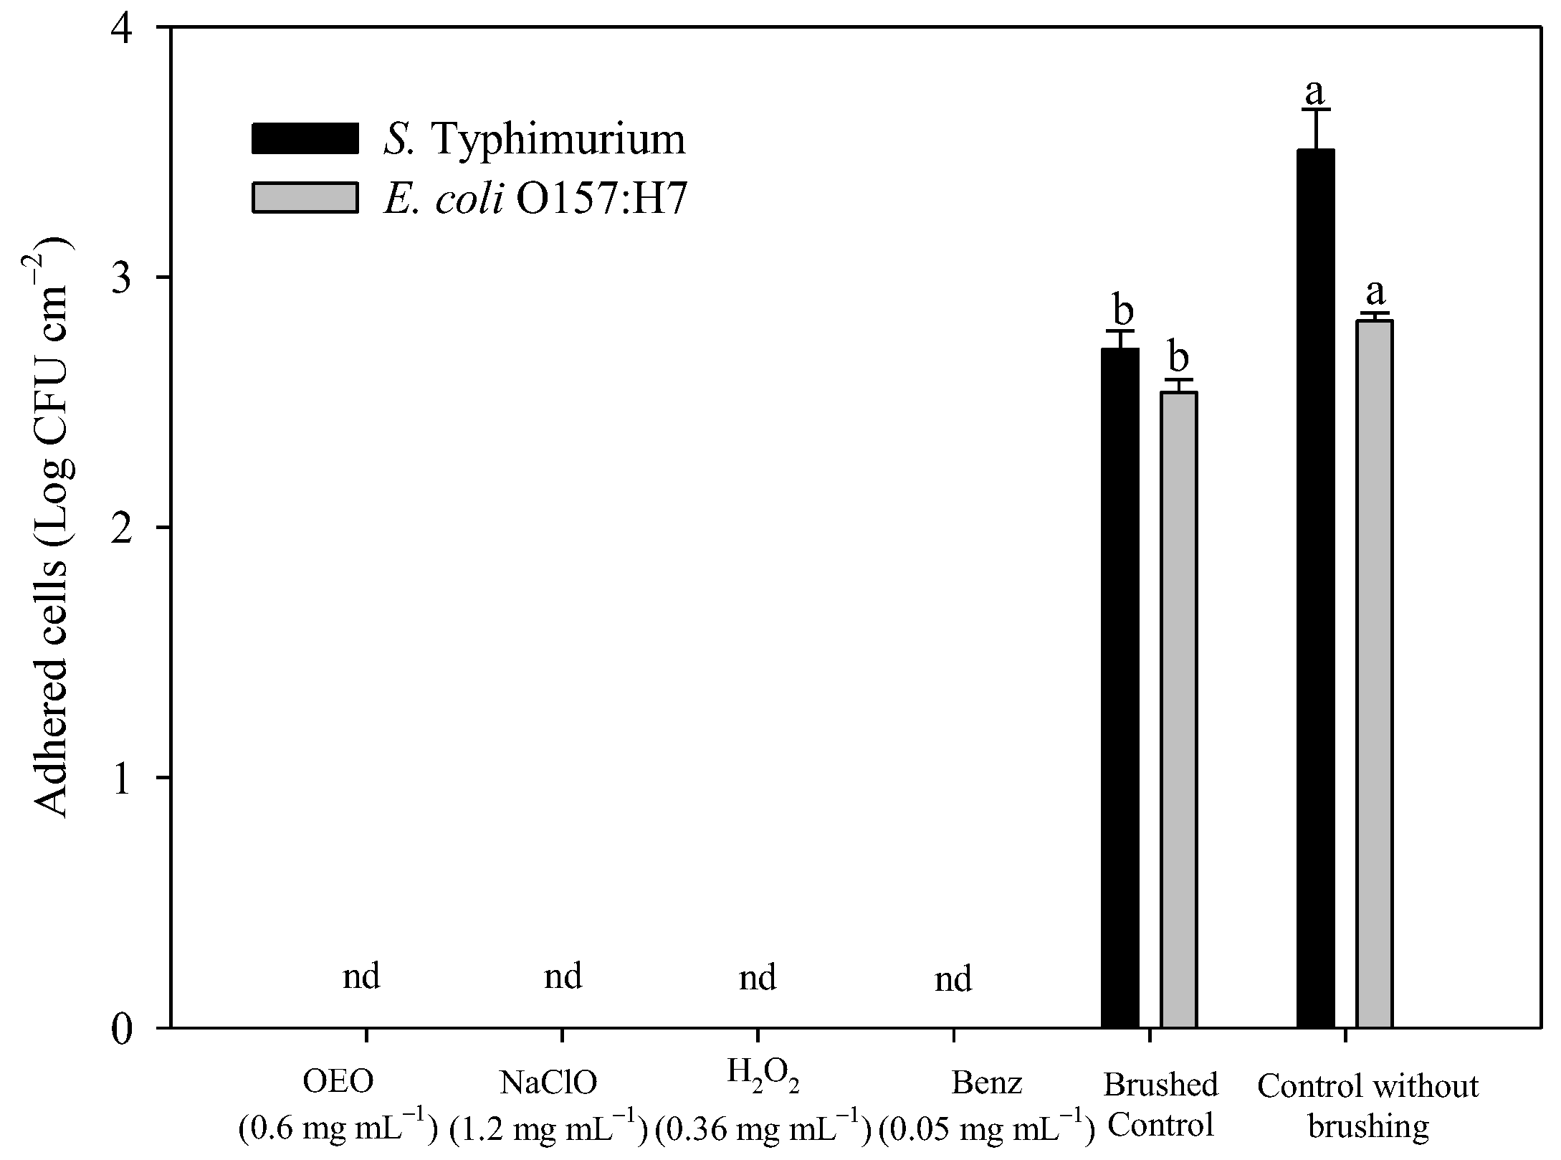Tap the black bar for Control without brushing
click(x=1316, y=588)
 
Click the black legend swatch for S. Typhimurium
click(x=305, y=138)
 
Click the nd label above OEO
click(x=361, y=976)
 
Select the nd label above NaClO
click(x=563, y=976)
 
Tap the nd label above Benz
click(x=953, y=979)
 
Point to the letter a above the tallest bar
click(x=1315, y=92)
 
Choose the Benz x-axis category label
click(x=986, y=1083)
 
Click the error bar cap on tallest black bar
click(x=1316, y=110)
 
